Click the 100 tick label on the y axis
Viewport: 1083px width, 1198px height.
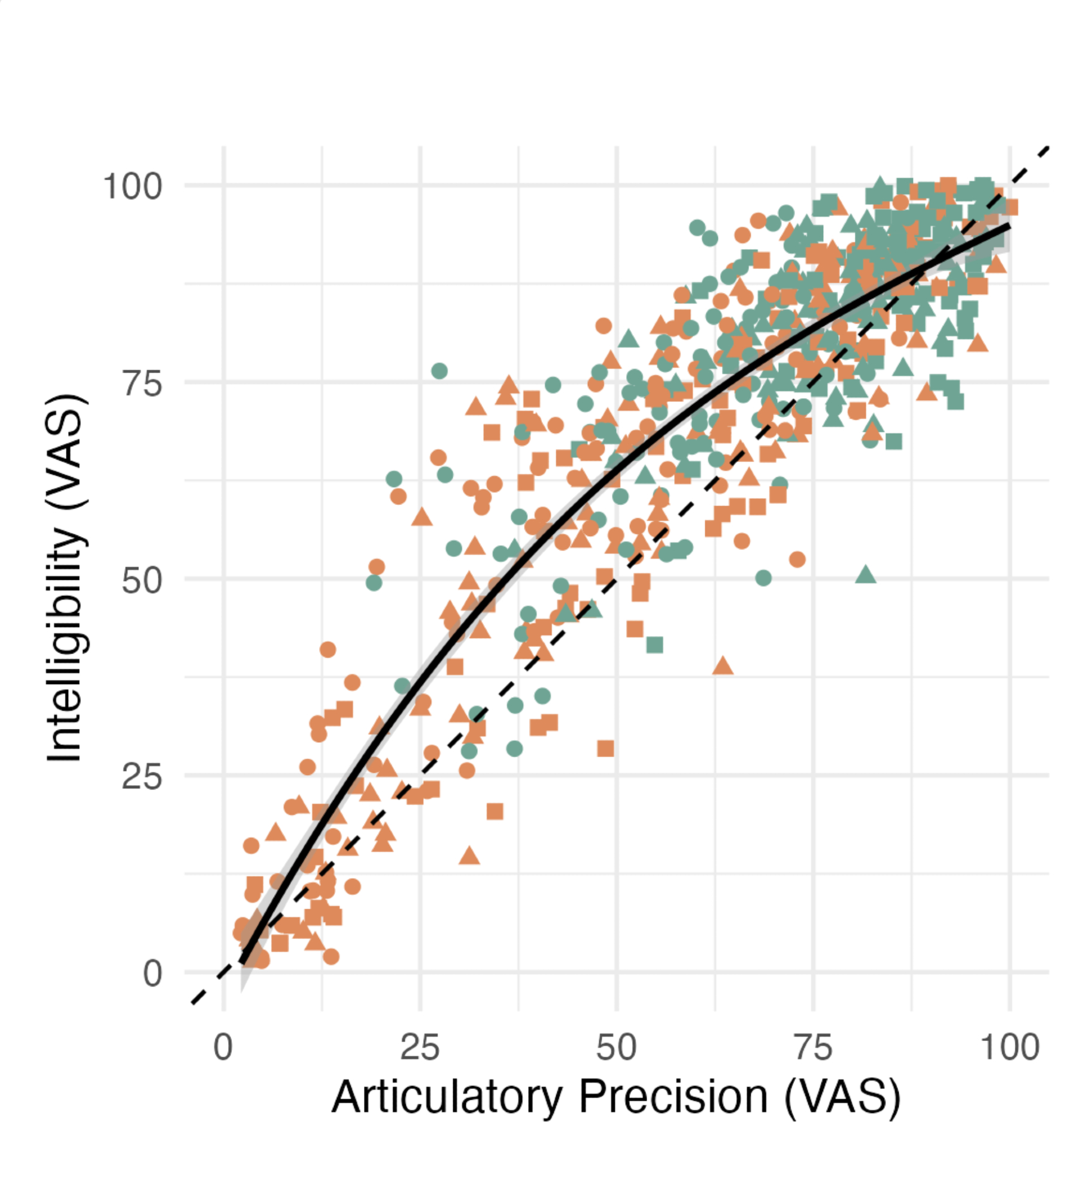(132, 187)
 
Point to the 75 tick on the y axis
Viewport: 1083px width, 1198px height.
(142, 383)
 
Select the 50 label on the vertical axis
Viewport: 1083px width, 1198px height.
(142, 580)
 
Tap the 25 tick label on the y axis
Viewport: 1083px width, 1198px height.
(142, 777)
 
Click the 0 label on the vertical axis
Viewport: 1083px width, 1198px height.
(152, 974)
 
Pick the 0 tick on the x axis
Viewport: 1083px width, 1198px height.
(223, 1048)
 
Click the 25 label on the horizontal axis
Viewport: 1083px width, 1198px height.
(420, 1048)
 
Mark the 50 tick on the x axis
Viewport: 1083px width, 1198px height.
(616, 1048)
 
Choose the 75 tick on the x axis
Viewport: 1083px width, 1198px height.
(813, 1048)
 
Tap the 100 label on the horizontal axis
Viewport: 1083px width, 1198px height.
(1009, 1048)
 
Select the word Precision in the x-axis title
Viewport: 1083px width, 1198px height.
(673, 1097)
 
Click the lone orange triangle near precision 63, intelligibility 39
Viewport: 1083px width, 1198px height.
(723, 665)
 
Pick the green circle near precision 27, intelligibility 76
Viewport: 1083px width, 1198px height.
(439, 371)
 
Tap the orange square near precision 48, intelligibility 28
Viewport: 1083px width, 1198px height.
(605, 748)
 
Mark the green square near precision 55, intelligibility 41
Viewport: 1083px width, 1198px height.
(655, 645)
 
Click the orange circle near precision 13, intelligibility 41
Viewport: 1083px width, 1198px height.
(327, 649)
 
